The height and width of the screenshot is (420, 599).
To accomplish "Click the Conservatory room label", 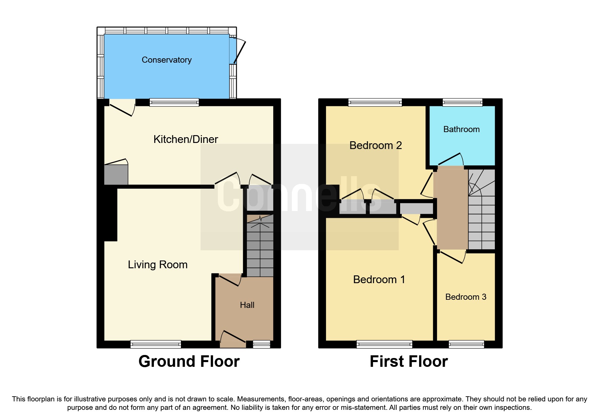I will pos(166,60).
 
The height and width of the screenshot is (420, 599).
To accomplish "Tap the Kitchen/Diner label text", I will pos(186,139).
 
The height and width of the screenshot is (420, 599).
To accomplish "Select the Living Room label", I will pos(158,265).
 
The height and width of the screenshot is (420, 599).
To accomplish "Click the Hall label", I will pos(247,305).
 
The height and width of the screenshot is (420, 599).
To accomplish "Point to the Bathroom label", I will pos(461,129).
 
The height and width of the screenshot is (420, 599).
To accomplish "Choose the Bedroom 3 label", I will pos(466,297).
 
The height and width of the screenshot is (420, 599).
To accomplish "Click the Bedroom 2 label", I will pos(375,145).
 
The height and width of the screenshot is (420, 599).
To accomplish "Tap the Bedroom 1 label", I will pos(379,279).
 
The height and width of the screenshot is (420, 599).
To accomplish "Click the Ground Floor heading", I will pos(189,361).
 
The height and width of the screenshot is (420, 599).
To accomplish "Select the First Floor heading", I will pos(409,361).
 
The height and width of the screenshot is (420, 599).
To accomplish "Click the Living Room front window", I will pos(156,344).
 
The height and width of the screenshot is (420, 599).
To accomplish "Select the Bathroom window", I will pos(462,102).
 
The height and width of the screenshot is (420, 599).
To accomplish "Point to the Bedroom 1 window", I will pos(384,344).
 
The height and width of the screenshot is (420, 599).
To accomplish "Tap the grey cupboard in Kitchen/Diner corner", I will pos(116,174).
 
